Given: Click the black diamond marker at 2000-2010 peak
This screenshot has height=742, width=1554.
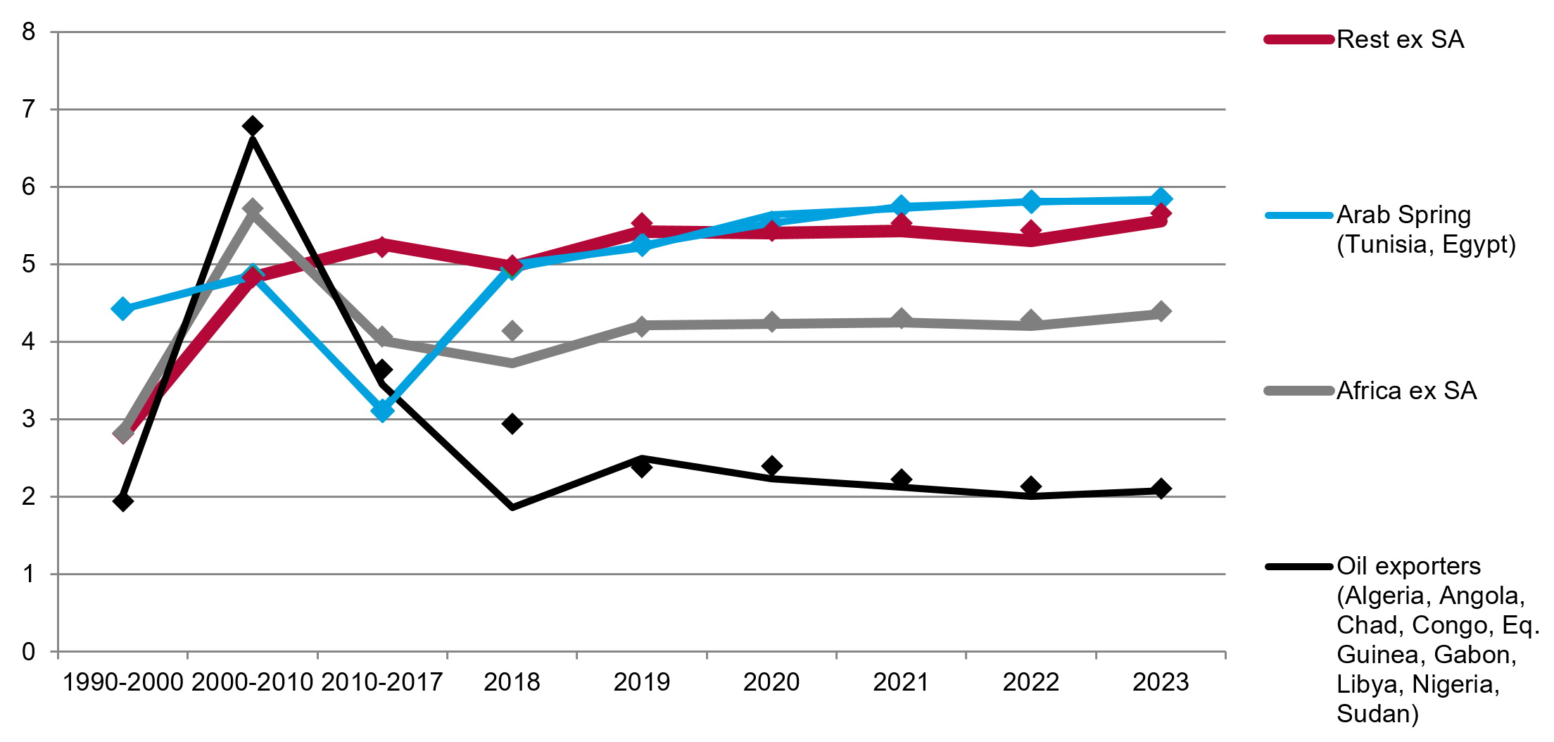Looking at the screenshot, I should click(x=253, y=126).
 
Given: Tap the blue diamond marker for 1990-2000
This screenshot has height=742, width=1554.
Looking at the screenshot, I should click(x=122, y=308).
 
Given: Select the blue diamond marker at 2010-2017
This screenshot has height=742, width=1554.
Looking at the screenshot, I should click(x=382, y=410).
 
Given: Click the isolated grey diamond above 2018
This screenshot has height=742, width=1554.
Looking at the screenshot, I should click(x=512, y=331).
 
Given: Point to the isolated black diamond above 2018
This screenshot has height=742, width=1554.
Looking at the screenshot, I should click(x=512, y=424).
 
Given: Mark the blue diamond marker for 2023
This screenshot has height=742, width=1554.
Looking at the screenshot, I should click(x=1161, y=199).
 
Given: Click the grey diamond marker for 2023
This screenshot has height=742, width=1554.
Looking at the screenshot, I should click(x=1161, y=311).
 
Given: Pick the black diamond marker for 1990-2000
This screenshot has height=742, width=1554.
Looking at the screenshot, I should click(x=122, y=501).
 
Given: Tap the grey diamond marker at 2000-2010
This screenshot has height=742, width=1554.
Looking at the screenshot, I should click(x=253, y=208).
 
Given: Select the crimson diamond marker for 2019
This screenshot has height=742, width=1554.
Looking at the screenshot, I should click(x=641, y=224).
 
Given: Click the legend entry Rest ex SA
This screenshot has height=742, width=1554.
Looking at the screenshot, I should click(x=1400, y=39).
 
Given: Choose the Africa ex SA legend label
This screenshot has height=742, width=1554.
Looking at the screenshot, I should click(x=1406, y=391).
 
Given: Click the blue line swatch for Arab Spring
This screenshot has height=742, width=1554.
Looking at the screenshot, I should click(x=1299, y=215).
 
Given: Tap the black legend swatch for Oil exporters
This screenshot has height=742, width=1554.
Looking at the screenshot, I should click(x=1299, y=566).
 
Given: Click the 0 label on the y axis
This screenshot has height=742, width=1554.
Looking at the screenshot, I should click(x=28, y=651).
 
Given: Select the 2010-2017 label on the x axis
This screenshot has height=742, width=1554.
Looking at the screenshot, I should click(x=382, y=682).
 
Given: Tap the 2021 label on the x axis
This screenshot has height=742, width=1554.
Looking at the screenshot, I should click(x=901, y=682).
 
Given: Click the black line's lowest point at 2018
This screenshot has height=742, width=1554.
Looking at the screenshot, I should click(x=512, y=507).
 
